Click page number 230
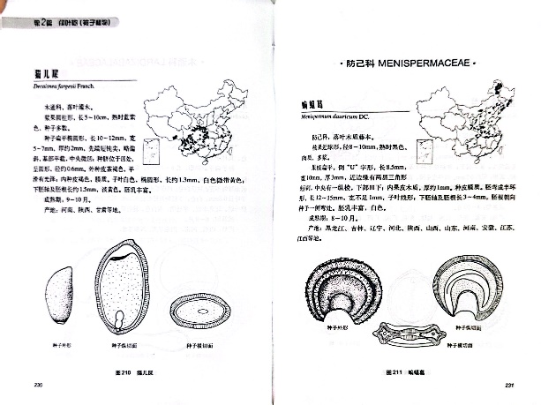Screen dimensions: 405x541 click(x=38, y=383)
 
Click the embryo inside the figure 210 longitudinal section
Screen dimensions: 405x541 click(x=121, y=317)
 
